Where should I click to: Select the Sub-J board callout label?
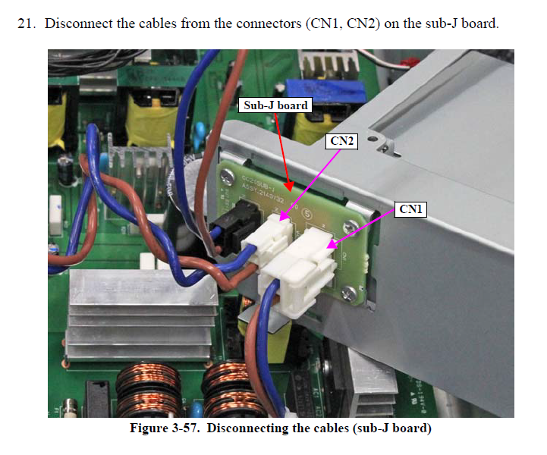click(276, 105)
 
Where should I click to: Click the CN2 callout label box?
click(341, 141)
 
